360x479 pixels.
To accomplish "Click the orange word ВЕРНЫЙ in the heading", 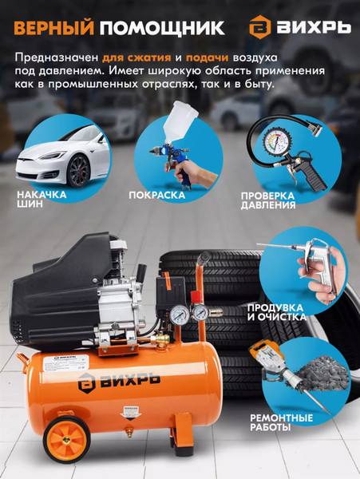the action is [x=53, y=28].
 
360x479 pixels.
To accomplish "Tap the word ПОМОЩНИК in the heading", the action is [x=162, y=28].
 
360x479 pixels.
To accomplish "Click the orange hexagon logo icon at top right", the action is [x=260, y=27].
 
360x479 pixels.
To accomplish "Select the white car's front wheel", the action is [x=78, y=171].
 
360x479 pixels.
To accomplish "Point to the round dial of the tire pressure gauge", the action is [x=277, y=143].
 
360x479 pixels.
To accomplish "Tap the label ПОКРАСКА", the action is [x=157, y=195].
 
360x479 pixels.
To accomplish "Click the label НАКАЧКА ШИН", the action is [x=42, y=199].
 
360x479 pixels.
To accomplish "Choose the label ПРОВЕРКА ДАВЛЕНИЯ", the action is [x=267, y=200].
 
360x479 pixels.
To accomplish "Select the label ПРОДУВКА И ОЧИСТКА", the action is [x=277, y=312].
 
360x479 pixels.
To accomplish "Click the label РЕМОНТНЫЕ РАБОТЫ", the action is [x=281, y=422].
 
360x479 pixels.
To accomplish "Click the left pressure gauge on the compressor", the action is [x=178, y=315].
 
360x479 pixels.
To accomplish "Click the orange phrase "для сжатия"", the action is [x=136, y=57].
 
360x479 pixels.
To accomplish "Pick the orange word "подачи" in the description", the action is [x=207, y=57].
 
